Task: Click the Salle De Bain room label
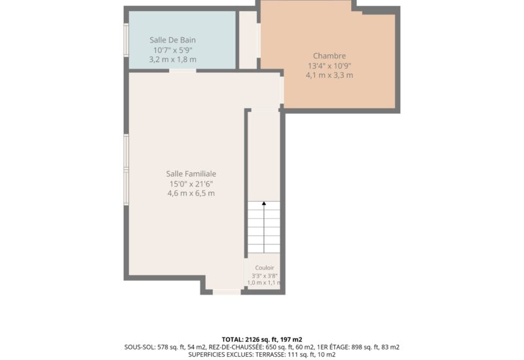coord(172,40)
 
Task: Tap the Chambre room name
coord(329,56)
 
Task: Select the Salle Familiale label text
coord(191,173)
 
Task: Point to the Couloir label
coord(265,268)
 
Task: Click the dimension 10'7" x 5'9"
coord(173,50)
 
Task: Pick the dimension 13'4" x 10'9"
coord(329,66)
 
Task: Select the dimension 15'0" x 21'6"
coord(191,184)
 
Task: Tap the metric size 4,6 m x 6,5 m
coord(191,193)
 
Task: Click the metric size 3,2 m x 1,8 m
coord(173,60)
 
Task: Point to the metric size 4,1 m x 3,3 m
coord(329,75)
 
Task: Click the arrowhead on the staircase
coord(264,203)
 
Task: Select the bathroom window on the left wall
coord(126,40)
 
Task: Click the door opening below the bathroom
coord(183,71)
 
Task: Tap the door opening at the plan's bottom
coord(227,292)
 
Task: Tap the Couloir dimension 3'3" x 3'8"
coord(265,276)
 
